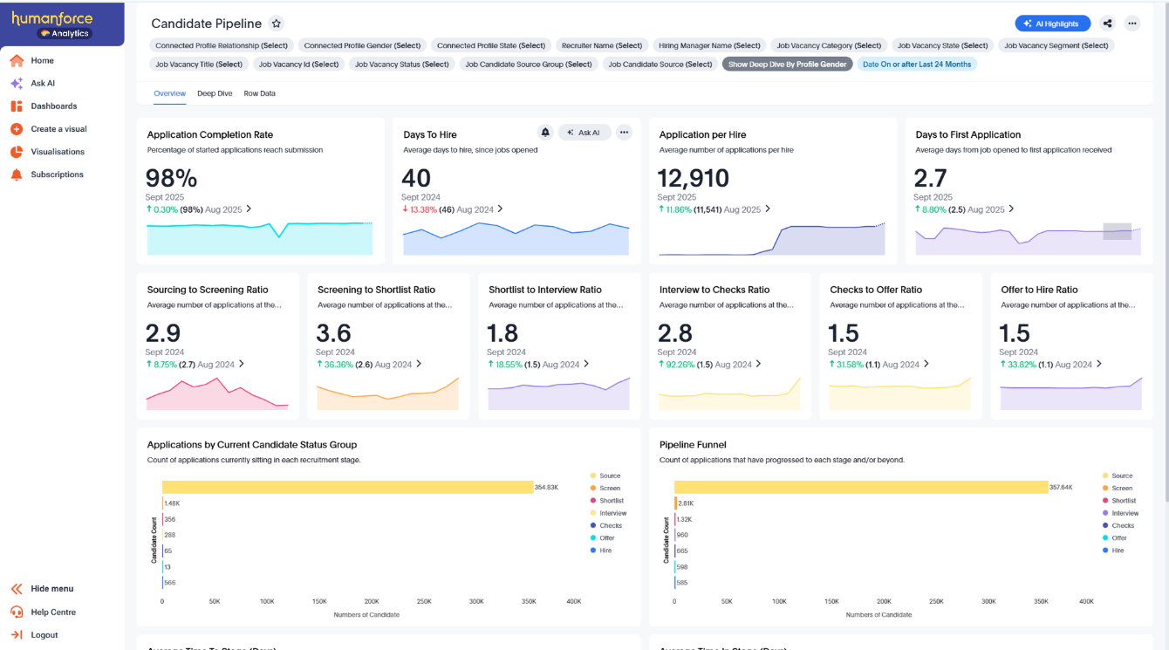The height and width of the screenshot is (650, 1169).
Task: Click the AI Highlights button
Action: (1052, 24)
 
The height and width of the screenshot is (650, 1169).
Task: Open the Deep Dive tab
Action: (215, 93)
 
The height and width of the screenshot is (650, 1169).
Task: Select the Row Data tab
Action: (259, 93)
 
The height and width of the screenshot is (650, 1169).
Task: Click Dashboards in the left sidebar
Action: (53, 106)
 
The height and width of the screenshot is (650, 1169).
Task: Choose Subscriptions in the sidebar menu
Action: (57, 174)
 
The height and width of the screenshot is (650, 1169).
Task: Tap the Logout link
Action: (44, 635)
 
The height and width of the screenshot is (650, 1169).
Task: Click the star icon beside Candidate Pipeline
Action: (277, 24)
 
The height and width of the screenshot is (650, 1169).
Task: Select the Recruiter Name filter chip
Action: (602, 45)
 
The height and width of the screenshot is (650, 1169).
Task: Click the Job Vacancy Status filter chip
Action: (401, 65)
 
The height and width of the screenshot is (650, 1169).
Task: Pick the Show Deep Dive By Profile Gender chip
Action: (788, 65)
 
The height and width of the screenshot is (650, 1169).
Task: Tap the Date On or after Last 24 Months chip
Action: (916, 65)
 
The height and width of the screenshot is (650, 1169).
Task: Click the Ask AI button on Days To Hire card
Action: (584, 133)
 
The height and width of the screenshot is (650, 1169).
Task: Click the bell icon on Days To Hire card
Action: (545, 133)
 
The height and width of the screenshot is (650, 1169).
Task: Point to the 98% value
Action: (171, 179)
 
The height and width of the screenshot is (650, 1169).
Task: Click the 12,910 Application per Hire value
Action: (693, 179)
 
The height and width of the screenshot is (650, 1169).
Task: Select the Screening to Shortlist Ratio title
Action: (376, 290)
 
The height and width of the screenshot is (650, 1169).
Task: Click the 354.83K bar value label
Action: (546, 488)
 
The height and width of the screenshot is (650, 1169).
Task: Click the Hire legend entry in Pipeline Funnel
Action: (1118, 551)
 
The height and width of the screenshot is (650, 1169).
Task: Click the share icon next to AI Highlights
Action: (1107, 24)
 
